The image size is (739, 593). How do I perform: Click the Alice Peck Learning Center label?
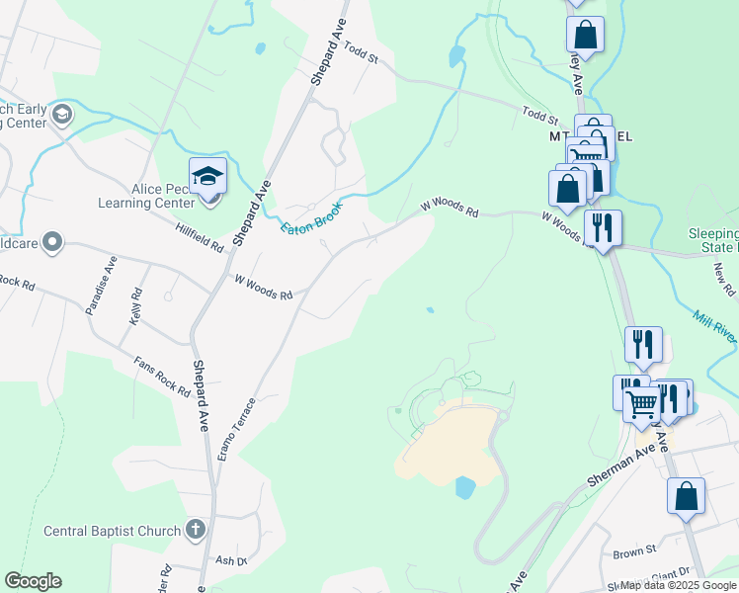147,196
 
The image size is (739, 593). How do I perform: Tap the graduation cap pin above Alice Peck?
208,177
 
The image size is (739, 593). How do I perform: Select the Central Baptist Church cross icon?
194,531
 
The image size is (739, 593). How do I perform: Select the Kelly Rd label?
134,307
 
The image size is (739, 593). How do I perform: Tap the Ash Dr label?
230,560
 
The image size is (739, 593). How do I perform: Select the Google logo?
33,581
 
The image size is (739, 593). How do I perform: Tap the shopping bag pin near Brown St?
686,497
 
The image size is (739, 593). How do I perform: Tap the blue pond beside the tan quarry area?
464,487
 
